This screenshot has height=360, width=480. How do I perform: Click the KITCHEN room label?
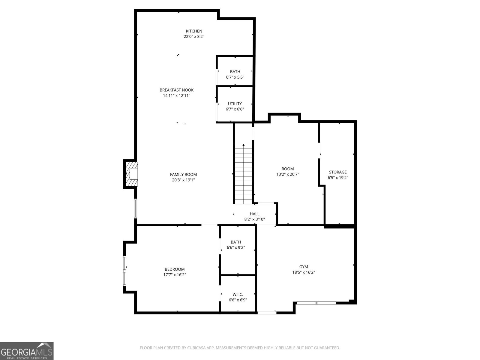194,31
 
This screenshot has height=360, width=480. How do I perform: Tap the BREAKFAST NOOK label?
176,90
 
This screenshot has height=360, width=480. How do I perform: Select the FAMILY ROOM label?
183,174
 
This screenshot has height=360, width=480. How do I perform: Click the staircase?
243,174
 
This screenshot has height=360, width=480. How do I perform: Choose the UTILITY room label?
235,103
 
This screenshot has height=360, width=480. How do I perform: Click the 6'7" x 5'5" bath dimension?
235,77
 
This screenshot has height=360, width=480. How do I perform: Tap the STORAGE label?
337,172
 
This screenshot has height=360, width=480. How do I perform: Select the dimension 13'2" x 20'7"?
288,174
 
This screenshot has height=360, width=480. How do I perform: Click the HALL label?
254,214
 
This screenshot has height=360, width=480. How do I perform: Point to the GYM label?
304,267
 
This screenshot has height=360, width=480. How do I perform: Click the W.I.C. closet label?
238,294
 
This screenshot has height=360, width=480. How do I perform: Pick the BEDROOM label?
175,269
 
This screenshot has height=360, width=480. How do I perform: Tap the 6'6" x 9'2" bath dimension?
236,247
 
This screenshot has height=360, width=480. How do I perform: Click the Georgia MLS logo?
27,351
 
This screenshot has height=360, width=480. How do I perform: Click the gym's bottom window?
316,303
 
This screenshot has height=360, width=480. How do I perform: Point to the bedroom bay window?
124,271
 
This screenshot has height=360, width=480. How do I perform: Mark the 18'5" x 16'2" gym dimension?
304,272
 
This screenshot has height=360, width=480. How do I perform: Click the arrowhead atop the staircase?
243,145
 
